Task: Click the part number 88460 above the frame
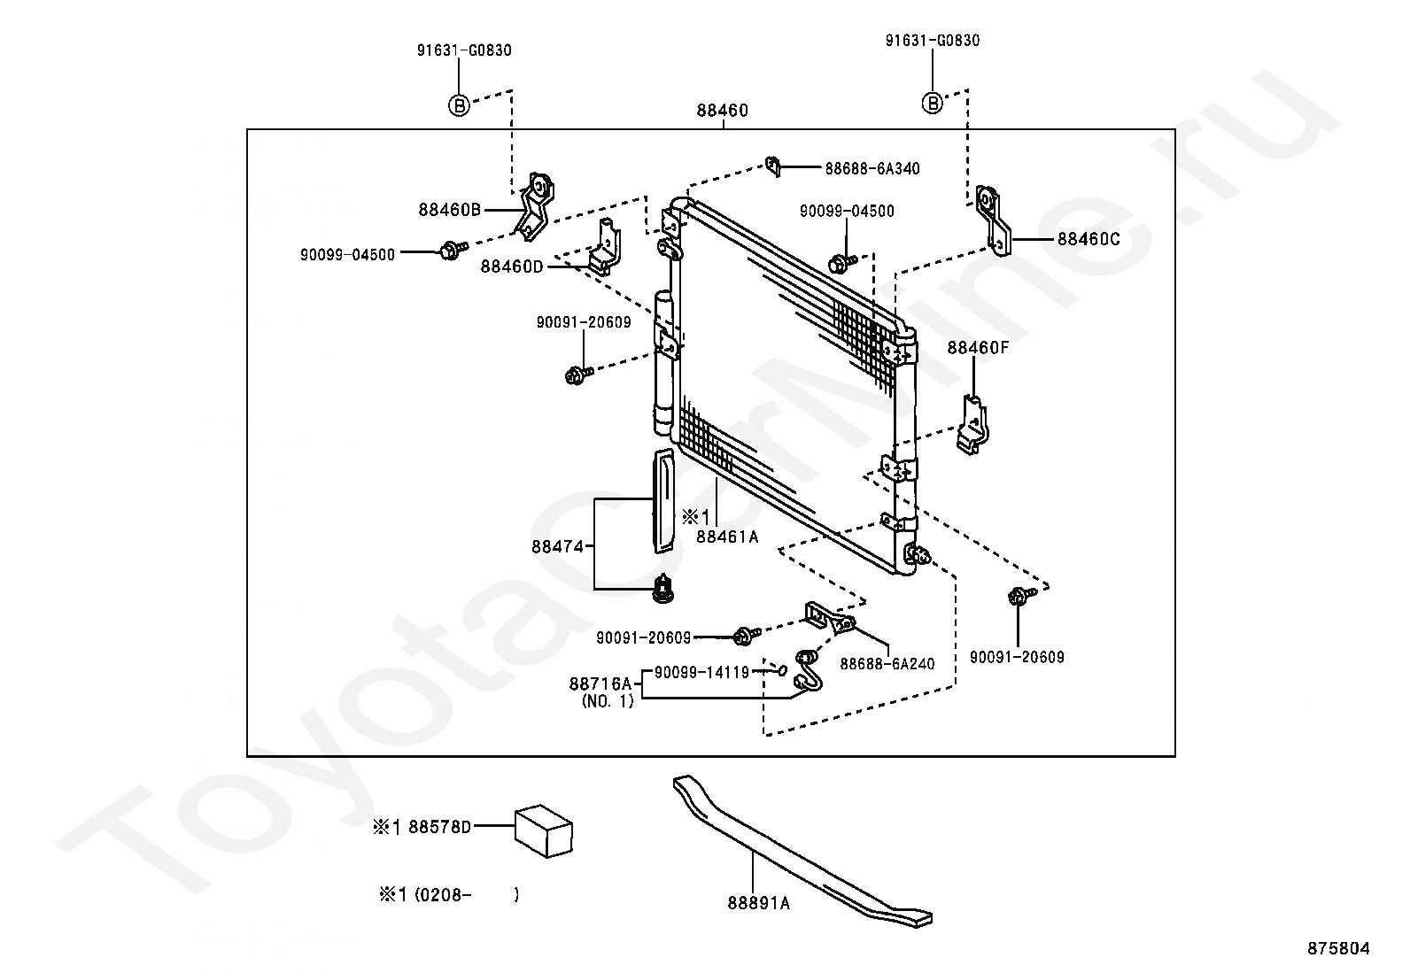coord(722,111)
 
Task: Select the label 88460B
coord(449,210)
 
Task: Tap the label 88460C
coord(1088,239)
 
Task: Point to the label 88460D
coord(512,266)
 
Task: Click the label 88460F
coord(978,348)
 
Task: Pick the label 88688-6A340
coord(872,168)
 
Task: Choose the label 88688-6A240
coord(887,664)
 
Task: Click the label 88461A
coord(727,536)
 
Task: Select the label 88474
coord(557,547)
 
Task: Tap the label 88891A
coord(758,903)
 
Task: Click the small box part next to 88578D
coord(545,830)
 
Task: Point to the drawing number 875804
coord(1338,948)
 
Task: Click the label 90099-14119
coord(701,672)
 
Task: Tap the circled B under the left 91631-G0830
coord(458,105)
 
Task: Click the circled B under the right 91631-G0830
coord(932,104)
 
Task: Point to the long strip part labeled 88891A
coord(797,850)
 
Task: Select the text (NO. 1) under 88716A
coord(608,702)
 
